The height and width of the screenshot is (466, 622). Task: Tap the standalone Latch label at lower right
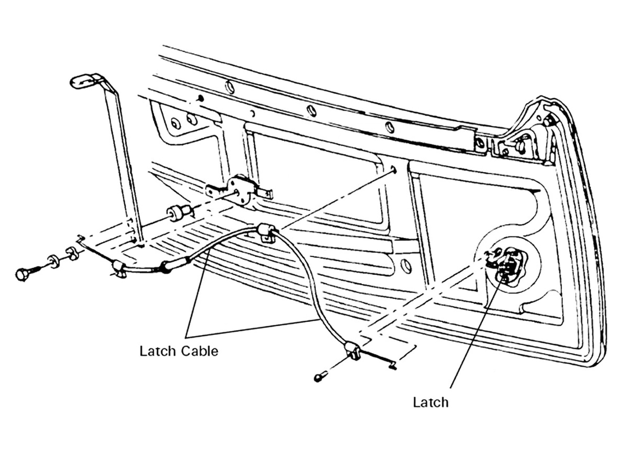[431, 402]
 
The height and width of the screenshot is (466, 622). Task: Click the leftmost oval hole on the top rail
[230, 87]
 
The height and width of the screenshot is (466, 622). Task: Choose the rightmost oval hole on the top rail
[389, 127]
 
